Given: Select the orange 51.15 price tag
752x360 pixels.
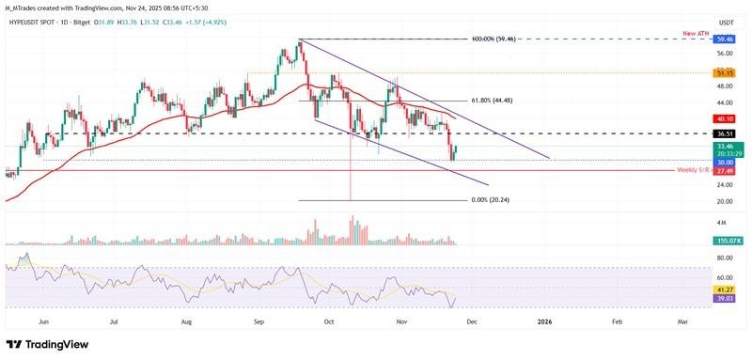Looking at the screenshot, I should pyautogui.click(x=725, y=72).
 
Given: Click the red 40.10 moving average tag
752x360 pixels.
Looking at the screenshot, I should pyautogui.click(x=725, y=118).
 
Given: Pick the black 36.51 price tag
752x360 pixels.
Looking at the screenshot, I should pyautogui.click(x=725, y=133).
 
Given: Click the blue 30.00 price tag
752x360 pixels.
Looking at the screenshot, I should pyautogui.click(x=725, y=162).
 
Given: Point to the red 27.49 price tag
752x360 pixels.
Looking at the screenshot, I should pyautogui.click(x=725, y=171).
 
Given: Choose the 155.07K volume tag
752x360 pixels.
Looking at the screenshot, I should pyautogui.click(x=725, y=242).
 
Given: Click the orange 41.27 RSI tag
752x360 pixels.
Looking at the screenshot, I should pyautogui.click(x=725, y=290).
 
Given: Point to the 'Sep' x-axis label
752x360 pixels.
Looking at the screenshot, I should pyautogui.click(x=257, y=321).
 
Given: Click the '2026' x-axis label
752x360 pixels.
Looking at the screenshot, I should pyautogui.click(x=544, y=321).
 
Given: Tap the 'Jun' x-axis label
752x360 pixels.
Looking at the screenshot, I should pyautogui.click(x=44, y=321).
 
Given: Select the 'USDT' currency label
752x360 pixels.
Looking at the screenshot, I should pyautogui.click(x=725, y=22).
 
